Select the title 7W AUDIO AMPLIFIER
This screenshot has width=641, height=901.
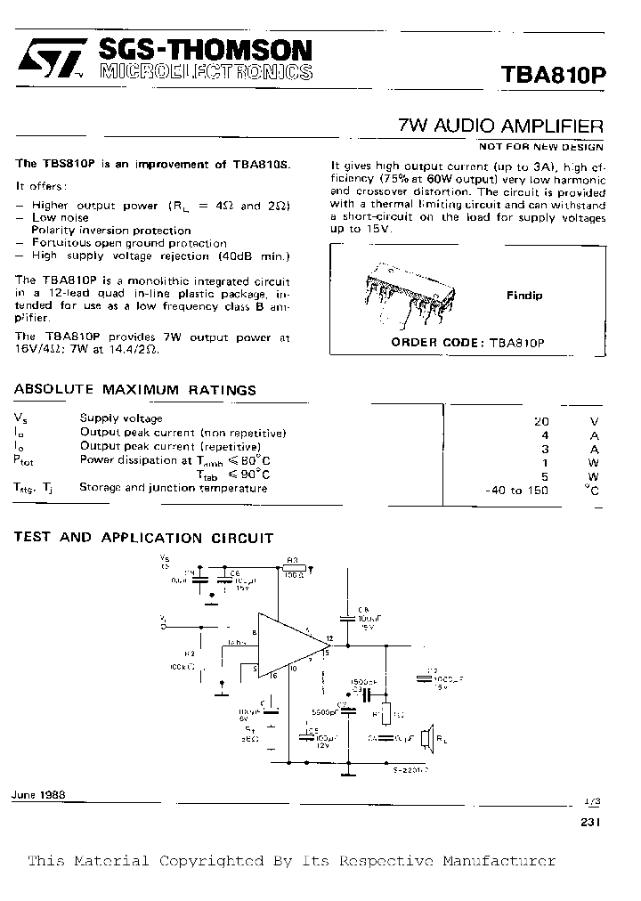501,126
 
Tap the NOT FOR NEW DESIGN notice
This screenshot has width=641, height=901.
541,147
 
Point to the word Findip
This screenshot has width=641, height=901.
524,296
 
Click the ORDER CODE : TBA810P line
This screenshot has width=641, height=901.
467,342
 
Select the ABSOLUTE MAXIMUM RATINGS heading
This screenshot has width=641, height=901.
135,390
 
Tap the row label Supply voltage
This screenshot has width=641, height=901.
121,418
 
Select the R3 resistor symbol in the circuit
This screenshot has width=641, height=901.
294,567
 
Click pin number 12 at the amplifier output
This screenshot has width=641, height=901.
329,639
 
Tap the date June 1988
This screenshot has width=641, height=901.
40,795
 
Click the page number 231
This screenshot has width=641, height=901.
590,823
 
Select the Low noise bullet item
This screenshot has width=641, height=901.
61,217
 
